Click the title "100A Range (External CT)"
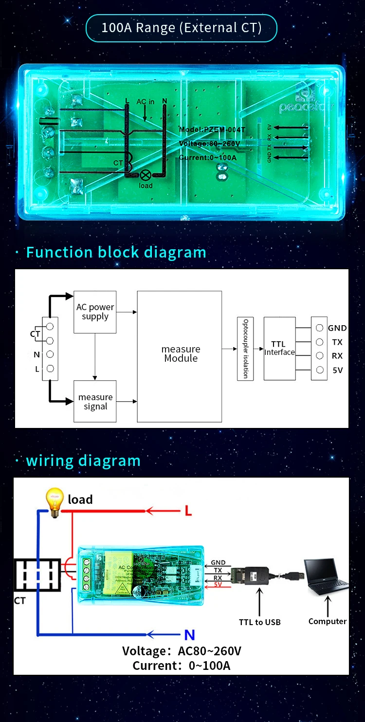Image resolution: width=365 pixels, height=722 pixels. click(181, 28)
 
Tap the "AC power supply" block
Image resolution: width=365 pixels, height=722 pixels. click(95, 312)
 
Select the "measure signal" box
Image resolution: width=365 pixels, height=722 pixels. click(95, 401)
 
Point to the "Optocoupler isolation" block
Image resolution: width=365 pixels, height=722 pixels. click(245, 349)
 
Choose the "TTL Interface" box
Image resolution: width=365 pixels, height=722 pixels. click(279, 349)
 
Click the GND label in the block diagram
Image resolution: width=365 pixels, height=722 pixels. click(337, 328)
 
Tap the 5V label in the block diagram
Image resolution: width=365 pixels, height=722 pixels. click(337, 370)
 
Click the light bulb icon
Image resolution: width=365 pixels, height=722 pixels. click(55, 500)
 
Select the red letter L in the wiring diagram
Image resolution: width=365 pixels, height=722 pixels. click(188, 511)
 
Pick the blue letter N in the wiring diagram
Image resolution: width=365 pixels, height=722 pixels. click(189, 635)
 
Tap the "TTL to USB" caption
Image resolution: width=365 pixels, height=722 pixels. click(259, 622)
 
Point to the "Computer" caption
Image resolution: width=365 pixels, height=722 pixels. click(328, 621)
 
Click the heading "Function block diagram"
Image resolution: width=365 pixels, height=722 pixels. click(116, 252)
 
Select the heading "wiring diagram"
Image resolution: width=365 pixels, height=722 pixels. click(83, 461)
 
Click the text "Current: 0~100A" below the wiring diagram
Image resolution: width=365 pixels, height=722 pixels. click(182, 665)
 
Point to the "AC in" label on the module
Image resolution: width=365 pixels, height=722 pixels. click(145, 102)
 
